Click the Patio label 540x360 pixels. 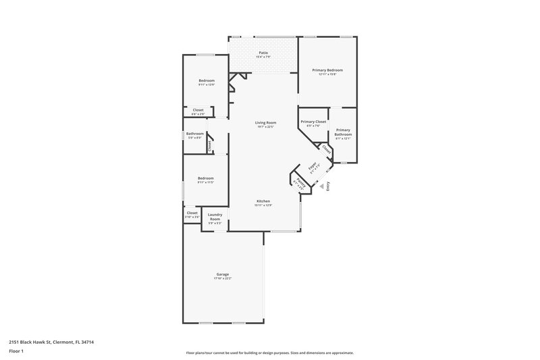(263, 53)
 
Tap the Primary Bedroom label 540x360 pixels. (327, 70)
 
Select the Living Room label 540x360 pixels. (265, 122)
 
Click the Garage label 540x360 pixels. (222, 274)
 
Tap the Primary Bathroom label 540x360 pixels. (343, 132)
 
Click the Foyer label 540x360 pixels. (313, 167)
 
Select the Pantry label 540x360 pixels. (300, 181)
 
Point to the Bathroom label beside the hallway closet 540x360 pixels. (195, 133)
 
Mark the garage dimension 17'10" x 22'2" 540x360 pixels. (222, 278)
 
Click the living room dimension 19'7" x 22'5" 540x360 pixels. (265, 126)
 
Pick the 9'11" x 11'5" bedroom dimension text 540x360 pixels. (205, 182)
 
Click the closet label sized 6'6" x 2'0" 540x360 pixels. (198, 113)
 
